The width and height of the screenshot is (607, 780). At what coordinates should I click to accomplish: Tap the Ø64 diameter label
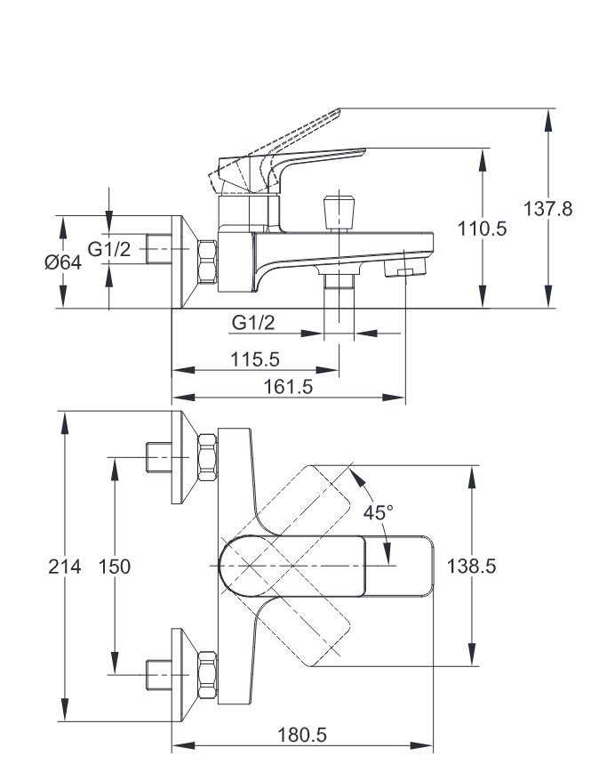click(x=62, y=263)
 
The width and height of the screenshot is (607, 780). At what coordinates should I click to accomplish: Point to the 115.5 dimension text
click(x=255, y=359)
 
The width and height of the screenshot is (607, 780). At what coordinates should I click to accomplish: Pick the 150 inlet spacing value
click(x=114, y=567)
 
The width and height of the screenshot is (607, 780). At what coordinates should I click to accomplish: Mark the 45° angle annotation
click(x=378, y=512)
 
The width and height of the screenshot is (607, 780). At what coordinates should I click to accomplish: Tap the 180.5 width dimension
click(x=302, y=735)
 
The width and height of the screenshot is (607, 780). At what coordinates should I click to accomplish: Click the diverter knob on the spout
click(x=339, y=212)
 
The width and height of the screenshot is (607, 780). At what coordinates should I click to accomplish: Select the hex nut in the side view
click(x=205, y=263)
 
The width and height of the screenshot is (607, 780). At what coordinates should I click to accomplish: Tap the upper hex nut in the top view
click(x=205, y=459)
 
